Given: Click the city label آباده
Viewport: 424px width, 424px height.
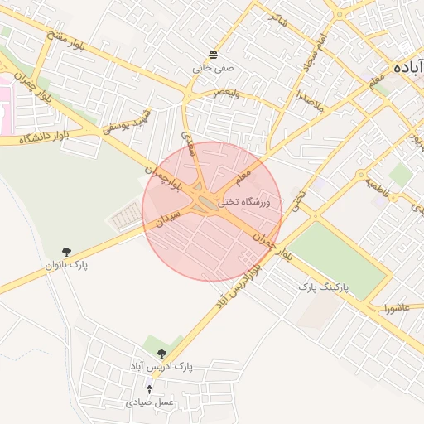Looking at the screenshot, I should [x=409, y=67].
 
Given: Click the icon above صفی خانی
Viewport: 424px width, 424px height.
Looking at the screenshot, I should [x=214, y=55].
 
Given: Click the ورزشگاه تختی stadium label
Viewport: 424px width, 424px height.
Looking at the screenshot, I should [x=251, y=201].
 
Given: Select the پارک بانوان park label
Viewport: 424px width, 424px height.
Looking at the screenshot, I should [x=67, y=265].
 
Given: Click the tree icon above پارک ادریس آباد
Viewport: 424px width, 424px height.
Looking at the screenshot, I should [x=161, y=353].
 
